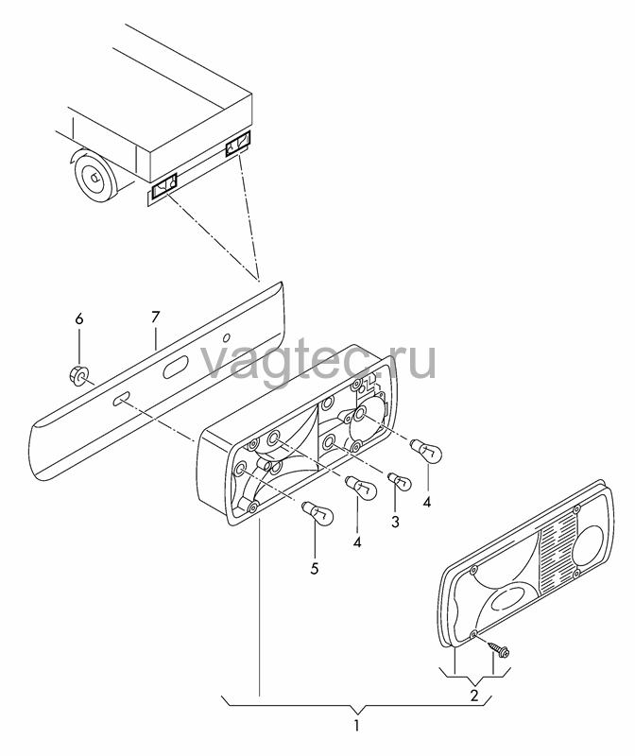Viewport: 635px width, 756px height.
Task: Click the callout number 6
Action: coord(79,318)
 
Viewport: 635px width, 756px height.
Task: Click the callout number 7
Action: coord(155,318)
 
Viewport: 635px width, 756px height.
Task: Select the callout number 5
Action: coord(315,569)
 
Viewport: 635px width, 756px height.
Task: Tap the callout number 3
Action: coord(395,522)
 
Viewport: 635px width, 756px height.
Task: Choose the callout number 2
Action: coord(474,696)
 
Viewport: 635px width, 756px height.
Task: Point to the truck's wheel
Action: coord(95,177)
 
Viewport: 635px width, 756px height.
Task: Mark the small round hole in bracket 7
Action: coord(229,337)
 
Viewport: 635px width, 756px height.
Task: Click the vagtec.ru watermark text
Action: coord(317,361)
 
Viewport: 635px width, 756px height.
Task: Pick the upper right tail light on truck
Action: coord(238,144)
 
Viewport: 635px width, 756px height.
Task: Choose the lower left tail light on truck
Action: coord(163,186)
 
